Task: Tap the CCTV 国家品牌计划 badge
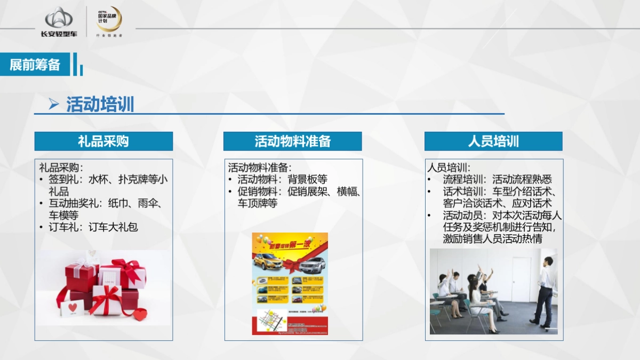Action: click(108, 20)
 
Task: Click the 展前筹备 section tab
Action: click(35, 65)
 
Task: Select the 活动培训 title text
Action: click(100, 105)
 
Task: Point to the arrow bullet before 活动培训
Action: click(53, 105)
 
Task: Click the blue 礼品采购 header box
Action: click(103, 141)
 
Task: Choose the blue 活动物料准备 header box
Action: click(292, 141)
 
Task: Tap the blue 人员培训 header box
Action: click(493, 141)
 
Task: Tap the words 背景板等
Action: click(308, 180)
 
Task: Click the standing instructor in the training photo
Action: click(544, 291)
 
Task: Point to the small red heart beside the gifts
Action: click(140, 315)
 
